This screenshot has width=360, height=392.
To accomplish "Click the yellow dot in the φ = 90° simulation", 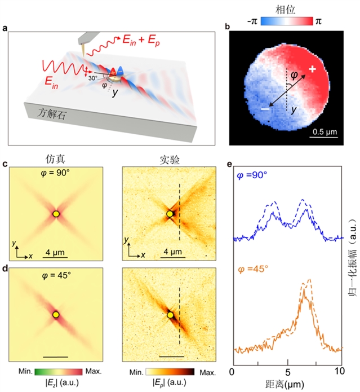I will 56,214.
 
